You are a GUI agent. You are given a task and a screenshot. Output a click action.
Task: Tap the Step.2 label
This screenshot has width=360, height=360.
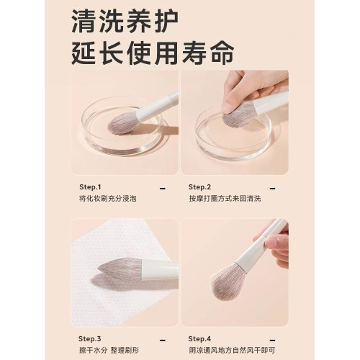pyautogui.click(x=199, y=186)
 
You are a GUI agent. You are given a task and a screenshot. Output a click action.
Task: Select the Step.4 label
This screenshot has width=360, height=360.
pyautogui.click(x=199, y=338)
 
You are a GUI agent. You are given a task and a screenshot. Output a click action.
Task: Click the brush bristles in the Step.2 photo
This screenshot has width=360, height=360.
pyautogui.click(x=238, y=114)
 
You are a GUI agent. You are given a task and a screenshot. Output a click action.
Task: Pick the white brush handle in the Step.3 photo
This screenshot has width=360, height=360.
pyautogui.click(x=162, y=270)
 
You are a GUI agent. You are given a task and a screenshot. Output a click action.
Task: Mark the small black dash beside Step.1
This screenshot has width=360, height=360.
pyautogui.click(x=162, y=187)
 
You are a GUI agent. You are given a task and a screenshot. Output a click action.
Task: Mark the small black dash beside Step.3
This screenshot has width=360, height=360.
pyautogui.click(x=162, y=338)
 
